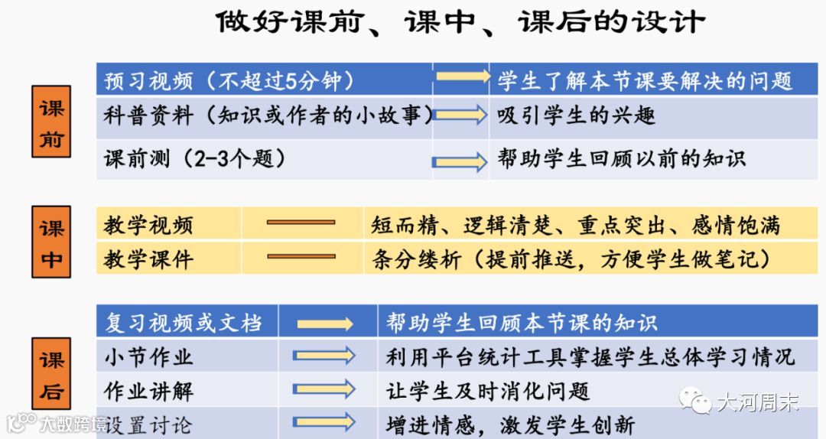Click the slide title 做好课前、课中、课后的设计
click(460, 21)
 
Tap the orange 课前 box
click(51, 122)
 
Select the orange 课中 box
click(51, 241)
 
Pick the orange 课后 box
click(51, 374)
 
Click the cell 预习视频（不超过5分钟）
click(229, 80)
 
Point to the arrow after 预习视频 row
click(462, 76)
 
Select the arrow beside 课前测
click(460, 161)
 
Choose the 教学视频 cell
click(149, 225)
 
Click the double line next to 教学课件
click(301, 258)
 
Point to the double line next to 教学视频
click(301, 223)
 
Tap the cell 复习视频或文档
click(184, 323)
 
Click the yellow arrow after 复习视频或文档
click(325, 324)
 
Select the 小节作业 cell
click(149, 356)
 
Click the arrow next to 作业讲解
click(325, 389)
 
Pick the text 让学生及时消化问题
click(489, 391)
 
